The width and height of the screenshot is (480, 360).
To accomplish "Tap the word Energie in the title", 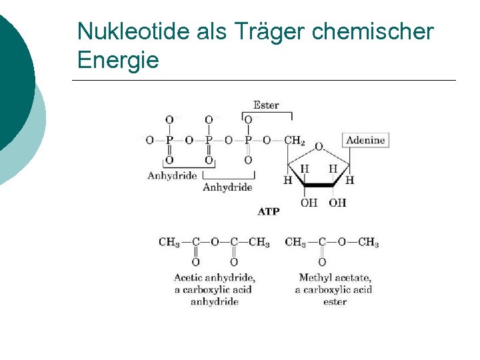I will [x=118, y=61].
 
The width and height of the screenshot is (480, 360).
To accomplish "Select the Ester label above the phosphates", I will [x=266, y=105].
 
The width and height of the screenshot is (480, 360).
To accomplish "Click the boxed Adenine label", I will [x=365, y=140].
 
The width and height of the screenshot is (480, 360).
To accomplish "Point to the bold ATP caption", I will [x=269, y=211].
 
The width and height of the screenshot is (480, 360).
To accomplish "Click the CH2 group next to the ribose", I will [x=294, y=141].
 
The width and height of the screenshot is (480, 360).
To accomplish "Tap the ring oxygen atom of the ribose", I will [x=318, y=147].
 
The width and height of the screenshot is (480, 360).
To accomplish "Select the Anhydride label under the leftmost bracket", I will [x=172, y=176].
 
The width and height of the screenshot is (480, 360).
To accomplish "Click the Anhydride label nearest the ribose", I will [x=227, y=187].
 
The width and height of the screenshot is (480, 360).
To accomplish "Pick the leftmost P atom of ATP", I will [x=169, y=141].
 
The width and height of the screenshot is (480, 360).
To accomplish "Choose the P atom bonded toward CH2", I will [x=248, y=141].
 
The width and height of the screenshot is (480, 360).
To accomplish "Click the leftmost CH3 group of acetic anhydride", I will [x=169, y=242].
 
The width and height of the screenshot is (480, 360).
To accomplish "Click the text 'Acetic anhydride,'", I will [x=214, y=277].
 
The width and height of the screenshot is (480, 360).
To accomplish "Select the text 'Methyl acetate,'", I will [x=335, y=277].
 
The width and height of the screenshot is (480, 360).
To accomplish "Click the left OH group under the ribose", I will [x=309, y=203].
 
